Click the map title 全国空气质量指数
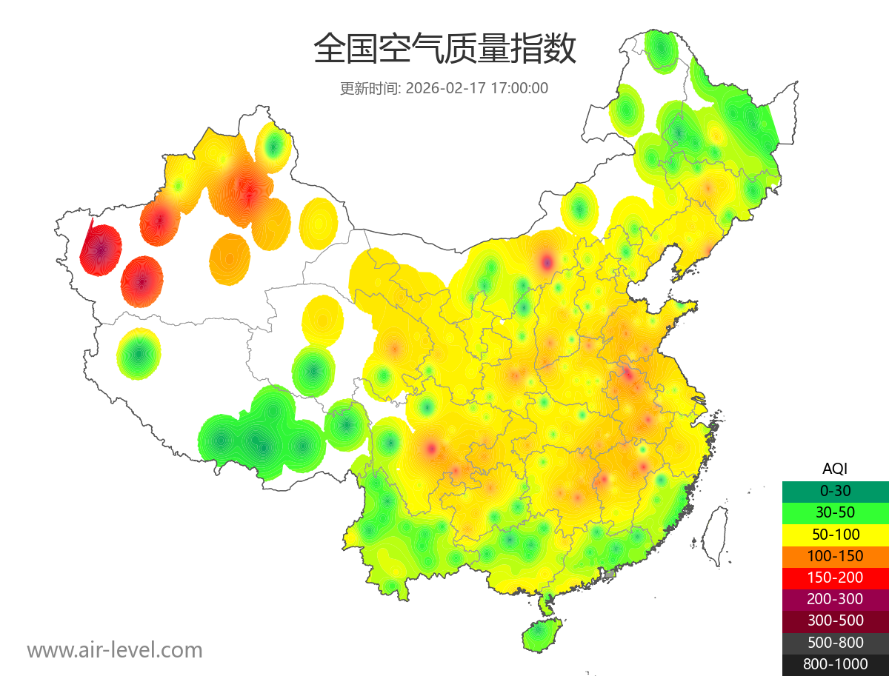click(444, 50)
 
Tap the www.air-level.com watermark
click(115, 650)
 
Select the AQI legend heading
click(835, 469)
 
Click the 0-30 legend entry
click(835, 491)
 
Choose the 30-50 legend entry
click(835, 512)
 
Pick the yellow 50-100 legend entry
click(835, 534)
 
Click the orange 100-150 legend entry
click(835, 556)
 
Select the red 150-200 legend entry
click(835, 578)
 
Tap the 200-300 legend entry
click(835, 599)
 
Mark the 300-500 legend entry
click(835, 620)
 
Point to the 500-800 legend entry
click(835, 643)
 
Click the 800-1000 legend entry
click(835, 664)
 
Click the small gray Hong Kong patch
click(610, 574)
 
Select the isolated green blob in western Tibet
click(139, 354)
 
